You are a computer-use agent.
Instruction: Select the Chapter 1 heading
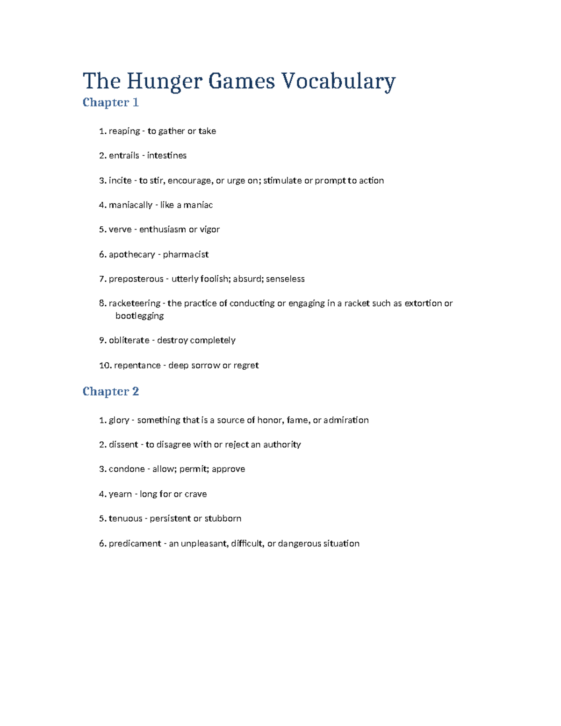point(110,102)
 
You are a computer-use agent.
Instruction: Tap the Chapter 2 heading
point(110,391)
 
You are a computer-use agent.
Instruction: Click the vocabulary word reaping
point(124,131)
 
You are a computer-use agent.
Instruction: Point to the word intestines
point(166,156)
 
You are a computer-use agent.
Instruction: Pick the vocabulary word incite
point(120,180)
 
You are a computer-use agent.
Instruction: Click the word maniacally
point(130,205)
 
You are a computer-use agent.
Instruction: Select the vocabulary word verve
point(120,230)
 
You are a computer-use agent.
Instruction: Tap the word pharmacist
point(186,254)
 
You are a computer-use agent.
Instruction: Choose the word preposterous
point(136,279)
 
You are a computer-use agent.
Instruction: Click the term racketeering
point(134,303)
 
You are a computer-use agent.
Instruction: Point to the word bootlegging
point(139,316)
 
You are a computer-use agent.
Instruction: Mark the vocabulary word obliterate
point(129,340)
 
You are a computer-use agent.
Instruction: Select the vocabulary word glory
point(119,420)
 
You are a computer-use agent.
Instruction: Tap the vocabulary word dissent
point(123,445)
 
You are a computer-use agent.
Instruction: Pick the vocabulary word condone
point(127,469)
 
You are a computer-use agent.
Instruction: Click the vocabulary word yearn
point(120,494)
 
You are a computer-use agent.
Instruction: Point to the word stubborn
point(223,518)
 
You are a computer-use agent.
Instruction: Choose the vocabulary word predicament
point(135,544)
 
